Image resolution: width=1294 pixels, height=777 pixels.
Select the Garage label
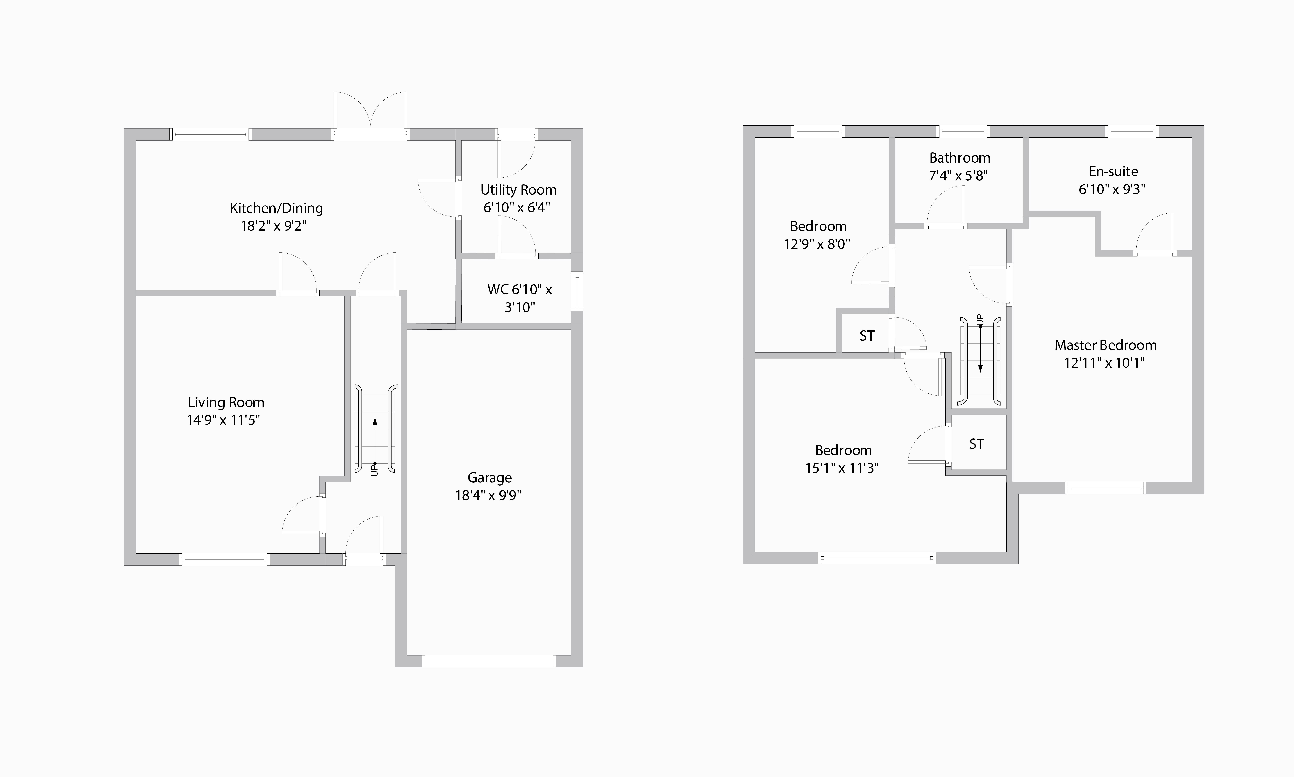489,477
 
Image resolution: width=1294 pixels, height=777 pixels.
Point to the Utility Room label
518,190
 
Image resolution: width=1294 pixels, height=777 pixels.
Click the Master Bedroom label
1105,345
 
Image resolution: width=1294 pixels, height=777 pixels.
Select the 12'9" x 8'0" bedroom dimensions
817,244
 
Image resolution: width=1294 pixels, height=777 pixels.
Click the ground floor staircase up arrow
375,440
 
